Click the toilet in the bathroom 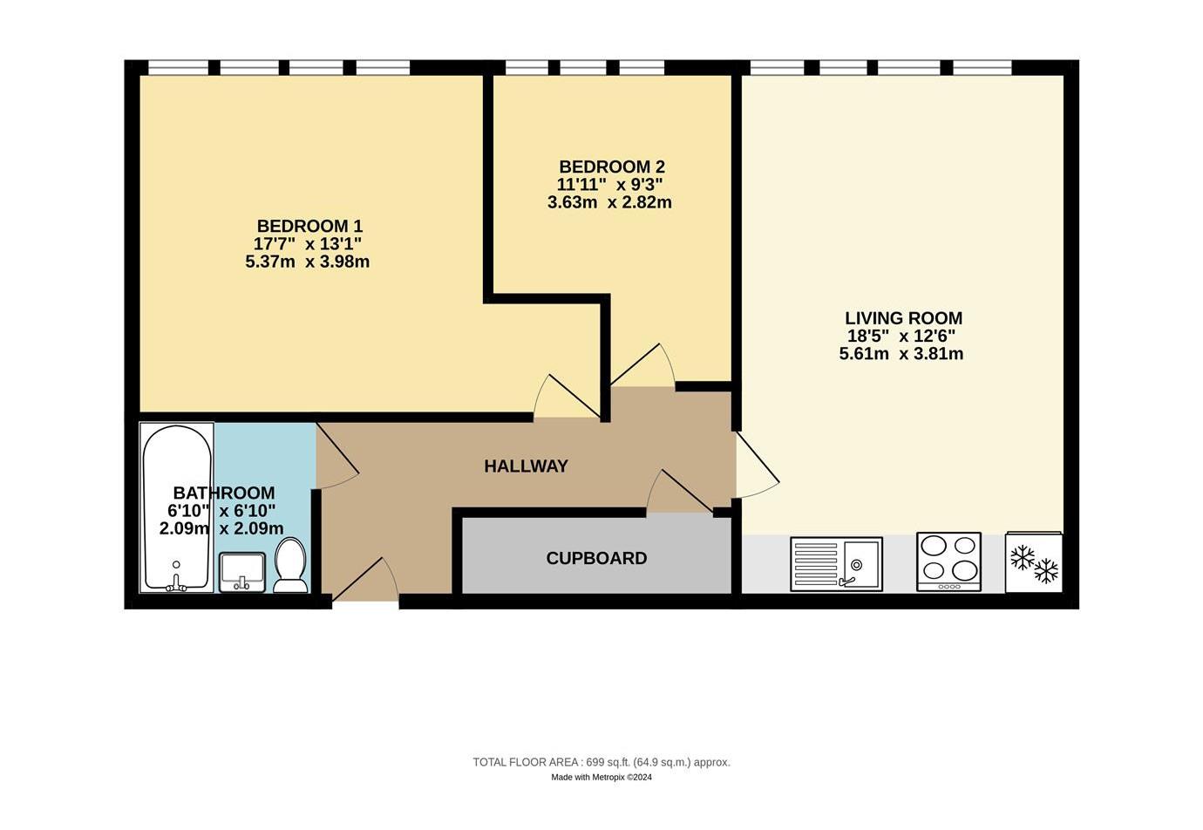tap(290, 566)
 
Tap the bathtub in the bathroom tap(177, 507)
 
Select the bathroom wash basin tap(241, 573)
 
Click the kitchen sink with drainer tap(836, 564)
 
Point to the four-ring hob tap(949, 562)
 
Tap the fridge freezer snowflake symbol tap(1034, 564)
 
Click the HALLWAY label tap(526, 466)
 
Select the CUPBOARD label tap(596, 559)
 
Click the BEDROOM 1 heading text tap(309, 226)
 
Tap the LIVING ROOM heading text tap(903, 318)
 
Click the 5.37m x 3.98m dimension tap(307, 262)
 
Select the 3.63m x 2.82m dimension tap(609, 202)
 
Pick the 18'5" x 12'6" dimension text tap(901, 337)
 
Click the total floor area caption tap(601, 762)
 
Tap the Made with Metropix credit tap(601, 778)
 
